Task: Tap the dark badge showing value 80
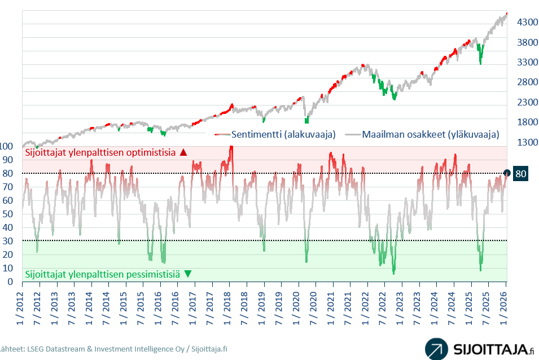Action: [x=521, y=174]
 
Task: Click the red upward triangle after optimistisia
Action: [x=182, y=152]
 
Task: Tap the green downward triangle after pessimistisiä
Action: [x=187, y=274]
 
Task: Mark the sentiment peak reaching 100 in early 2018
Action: [x=231, y=148]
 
